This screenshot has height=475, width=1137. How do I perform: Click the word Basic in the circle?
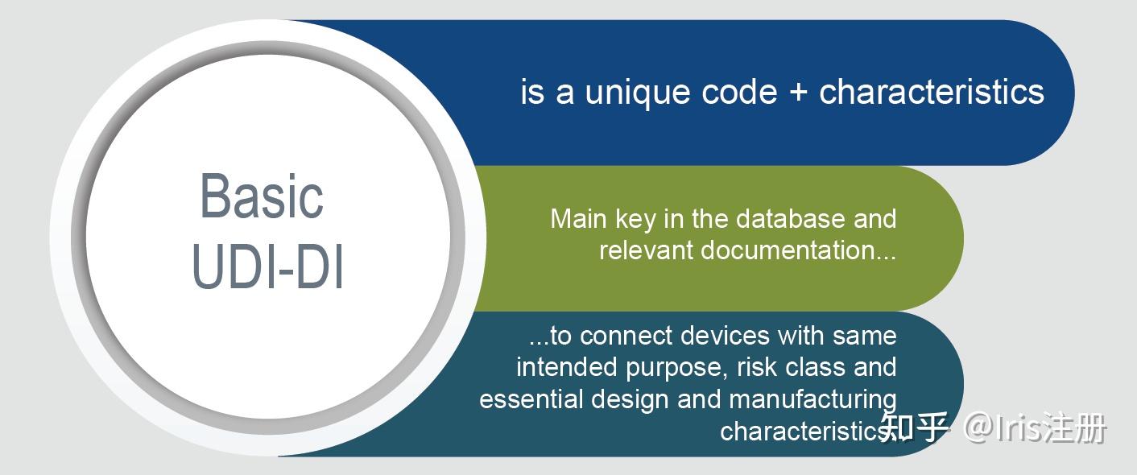262,196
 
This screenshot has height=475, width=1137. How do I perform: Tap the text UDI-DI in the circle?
268,267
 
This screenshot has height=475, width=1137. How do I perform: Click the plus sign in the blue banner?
799,93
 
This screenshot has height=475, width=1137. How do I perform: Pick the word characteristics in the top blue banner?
932,92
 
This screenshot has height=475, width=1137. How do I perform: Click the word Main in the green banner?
579,219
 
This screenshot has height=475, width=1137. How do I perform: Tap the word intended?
566,367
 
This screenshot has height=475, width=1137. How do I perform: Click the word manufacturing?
812,400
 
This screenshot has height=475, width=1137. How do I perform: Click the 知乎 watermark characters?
914,427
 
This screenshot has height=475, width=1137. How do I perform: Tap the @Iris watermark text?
1002,428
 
